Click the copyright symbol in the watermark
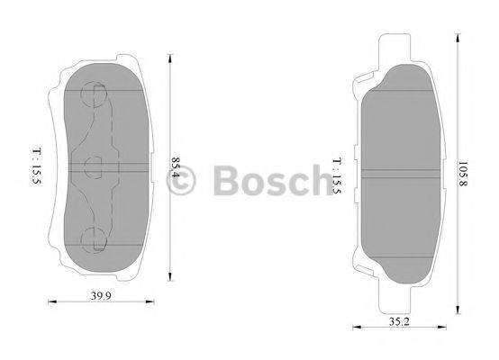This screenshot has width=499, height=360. click(181, 180)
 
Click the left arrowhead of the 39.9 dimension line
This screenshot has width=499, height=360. click(50, 301)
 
